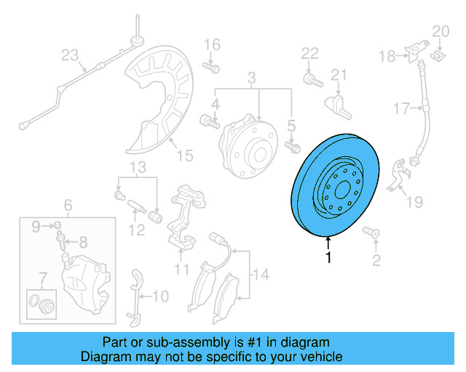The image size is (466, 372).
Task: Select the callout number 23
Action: [68, 54]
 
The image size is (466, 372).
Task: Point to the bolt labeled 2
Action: [371, 233]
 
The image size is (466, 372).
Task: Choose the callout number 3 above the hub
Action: [252, 78]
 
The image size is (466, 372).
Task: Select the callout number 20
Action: [441, 31]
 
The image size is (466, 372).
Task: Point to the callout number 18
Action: [386, 55]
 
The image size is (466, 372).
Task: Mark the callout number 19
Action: [414, 201]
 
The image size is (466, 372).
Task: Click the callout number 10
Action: [159, 296]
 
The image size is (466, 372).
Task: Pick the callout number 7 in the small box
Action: [42, 277]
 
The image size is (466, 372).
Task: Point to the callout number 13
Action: [138, 169]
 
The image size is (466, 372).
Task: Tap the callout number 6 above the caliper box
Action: [68, 205]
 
